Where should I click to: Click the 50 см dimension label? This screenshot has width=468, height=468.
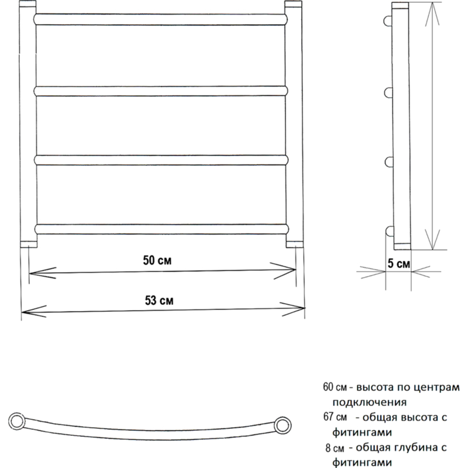[x=157, y=260]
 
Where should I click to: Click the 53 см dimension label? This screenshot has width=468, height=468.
[x=159, y=300]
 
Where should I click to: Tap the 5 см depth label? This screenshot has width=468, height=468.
[x=399, y=264]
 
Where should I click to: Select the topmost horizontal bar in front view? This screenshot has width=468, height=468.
[x=160, y=19]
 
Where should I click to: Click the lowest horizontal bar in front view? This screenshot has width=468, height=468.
[x=161, y=229]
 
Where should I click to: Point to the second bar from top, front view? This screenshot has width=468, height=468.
[x=161, y=91]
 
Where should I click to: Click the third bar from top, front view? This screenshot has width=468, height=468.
[x=161, y=160]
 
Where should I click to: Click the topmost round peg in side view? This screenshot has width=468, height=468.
[x=388, y=21]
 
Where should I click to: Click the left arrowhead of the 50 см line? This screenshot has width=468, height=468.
[x=42, y=273]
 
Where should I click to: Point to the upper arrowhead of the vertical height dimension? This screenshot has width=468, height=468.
[x=432, y=13]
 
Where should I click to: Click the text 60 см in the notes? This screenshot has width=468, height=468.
[x=335, y=387]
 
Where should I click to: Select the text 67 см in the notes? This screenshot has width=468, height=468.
[x=335, y=417]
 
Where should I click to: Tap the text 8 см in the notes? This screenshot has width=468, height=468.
[x=335, y=448]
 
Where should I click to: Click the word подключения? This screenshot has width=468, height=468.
[x=370, y=402]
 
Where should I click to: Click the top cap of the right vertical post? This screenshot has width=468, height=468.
[x=293, y=4]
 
